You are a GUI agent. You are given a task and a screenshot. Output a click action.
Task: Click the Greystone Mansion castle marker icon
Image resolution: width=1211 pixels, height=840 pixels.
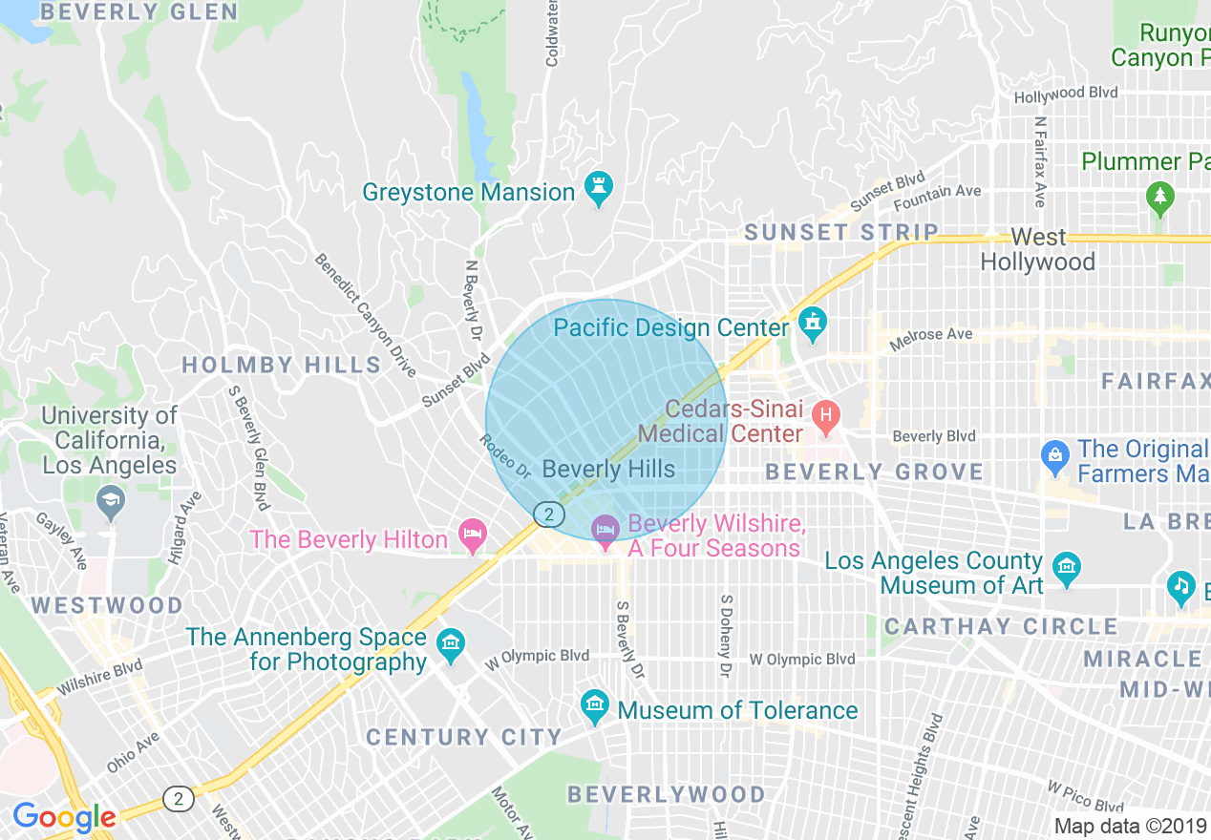click(x=599, y=191)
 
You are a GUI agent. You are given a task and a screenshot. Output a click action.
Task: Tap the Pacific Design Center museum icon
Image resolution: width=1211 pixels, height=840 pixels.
click(x=812, y=326)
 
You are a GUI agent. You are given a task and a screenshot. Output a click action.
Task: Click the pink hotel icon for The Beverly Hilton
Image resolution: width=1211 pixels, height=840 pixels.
click(x=472, y=536)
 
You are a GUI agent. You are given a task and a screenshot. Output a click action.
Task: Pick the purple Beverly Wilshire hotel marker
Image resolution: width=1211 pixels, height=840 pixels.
click(x=605, y=531)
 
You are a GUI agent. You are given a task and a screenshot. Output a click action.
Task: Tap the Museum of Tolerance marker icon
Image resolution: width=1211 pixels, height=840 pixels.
click(x=594, y=708)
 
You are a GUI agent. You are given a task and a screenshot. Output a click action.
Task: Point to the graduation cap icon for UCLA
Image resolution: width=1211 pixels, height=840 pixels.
click(x=112, y=503)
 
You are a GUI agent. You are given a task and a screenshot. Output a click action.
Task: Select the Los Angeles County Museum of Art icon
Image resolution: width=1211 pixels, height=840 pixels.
click(x=1066, y=570)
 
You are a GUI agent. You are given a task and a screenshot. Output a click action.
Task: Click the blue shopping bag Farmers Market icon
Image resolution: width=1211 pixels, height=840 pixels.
click(x=1055, y=457)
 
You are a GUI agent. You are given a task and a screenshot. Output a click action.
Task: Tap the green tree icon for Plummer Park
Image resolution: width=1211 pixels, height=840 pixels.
click(x=1160, y=197)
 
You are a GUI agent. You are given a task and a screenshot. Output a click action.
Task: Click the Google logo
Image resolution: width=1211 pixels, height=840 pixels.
click(x=64, y=817)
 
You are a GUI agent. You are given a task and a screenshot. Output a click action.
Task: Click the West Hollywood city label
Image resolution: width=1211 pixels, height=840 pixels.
click(x=1037, y=249)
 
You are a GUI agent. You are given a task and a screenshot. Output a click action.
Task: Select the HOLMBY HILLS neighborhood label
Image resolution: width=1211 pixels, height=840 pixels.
click(x=282, y=365)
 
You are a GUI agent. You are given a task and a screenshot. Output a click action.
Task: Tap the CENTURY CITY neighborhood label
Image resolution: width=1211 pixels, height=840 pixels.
click(x=464, y=737)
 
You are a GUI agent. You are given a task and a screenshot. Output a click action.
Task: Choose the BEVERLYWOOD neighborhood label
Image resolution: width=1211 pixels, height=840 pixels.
click(x=666, y=794)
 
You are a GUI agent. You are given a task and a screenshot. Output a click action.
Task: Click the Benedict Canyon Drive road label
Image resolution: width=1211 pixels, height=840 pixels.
click(x=366, y=314)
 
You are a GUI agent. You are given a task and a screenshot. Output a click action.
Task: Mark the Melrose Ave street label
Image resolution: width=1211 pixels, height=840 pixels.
click(x=930, y=338)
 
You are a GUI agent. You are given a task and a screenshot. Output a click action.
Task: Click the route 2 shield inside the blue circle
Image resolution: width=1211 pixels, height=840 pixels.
click(x=547, y=514)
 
